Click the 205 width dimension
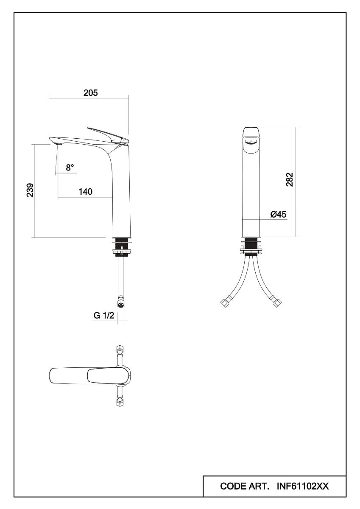91,93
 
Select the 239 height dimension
30,190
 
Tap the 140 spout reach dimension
86,192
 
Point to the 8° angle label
70,168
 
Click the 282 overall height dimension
290,180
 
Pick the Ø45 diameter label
278,214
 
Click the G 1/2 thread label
104,316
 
